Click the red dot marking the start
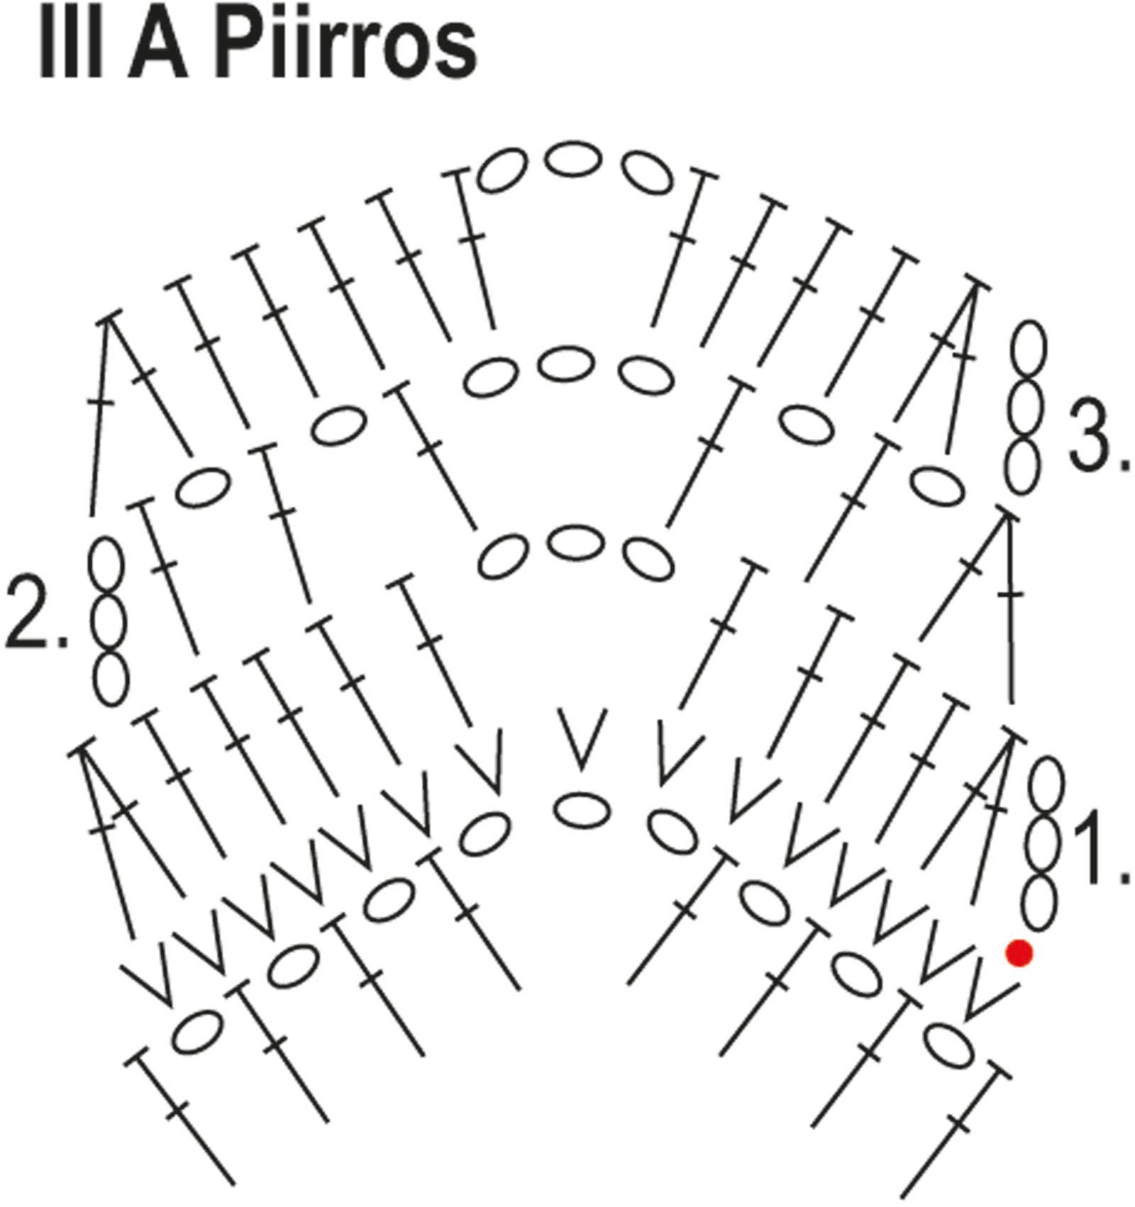pos(1019,952)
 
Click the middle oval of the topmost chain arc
pos(571,160)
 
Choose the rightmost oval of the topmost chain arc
pos(648,171)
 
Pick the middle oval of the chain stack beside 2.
pos(109,622)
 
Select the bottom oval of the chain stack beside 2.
pos(111,679)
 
